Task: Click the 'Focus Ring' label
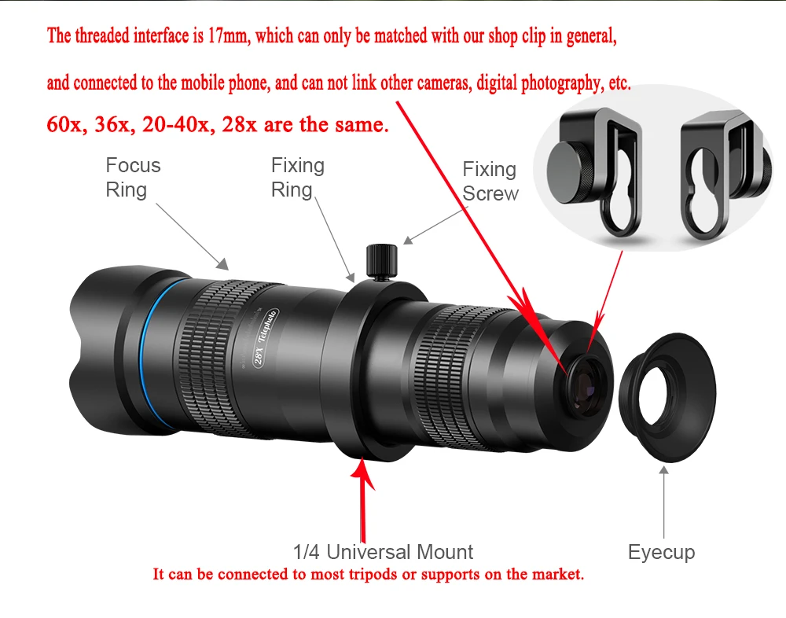(x=133, y=178)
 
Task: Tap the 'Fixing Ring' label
(x=297, y=178)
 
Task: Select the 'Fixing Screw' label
(x=490, y=182)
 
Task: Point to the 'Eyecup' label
(x=661, y=552)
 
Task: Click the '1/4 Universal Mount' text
(x=383, y=552)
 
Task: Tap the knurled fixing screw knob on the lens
(x=381, y=261)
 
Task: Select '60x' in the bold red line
(x=65, y=125)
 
